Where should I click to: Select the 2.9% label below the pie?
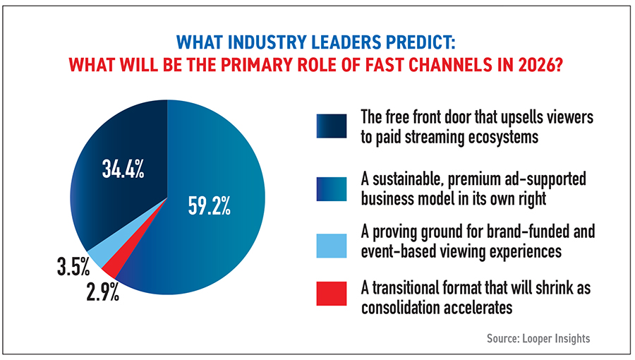[x=102, y=291]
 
